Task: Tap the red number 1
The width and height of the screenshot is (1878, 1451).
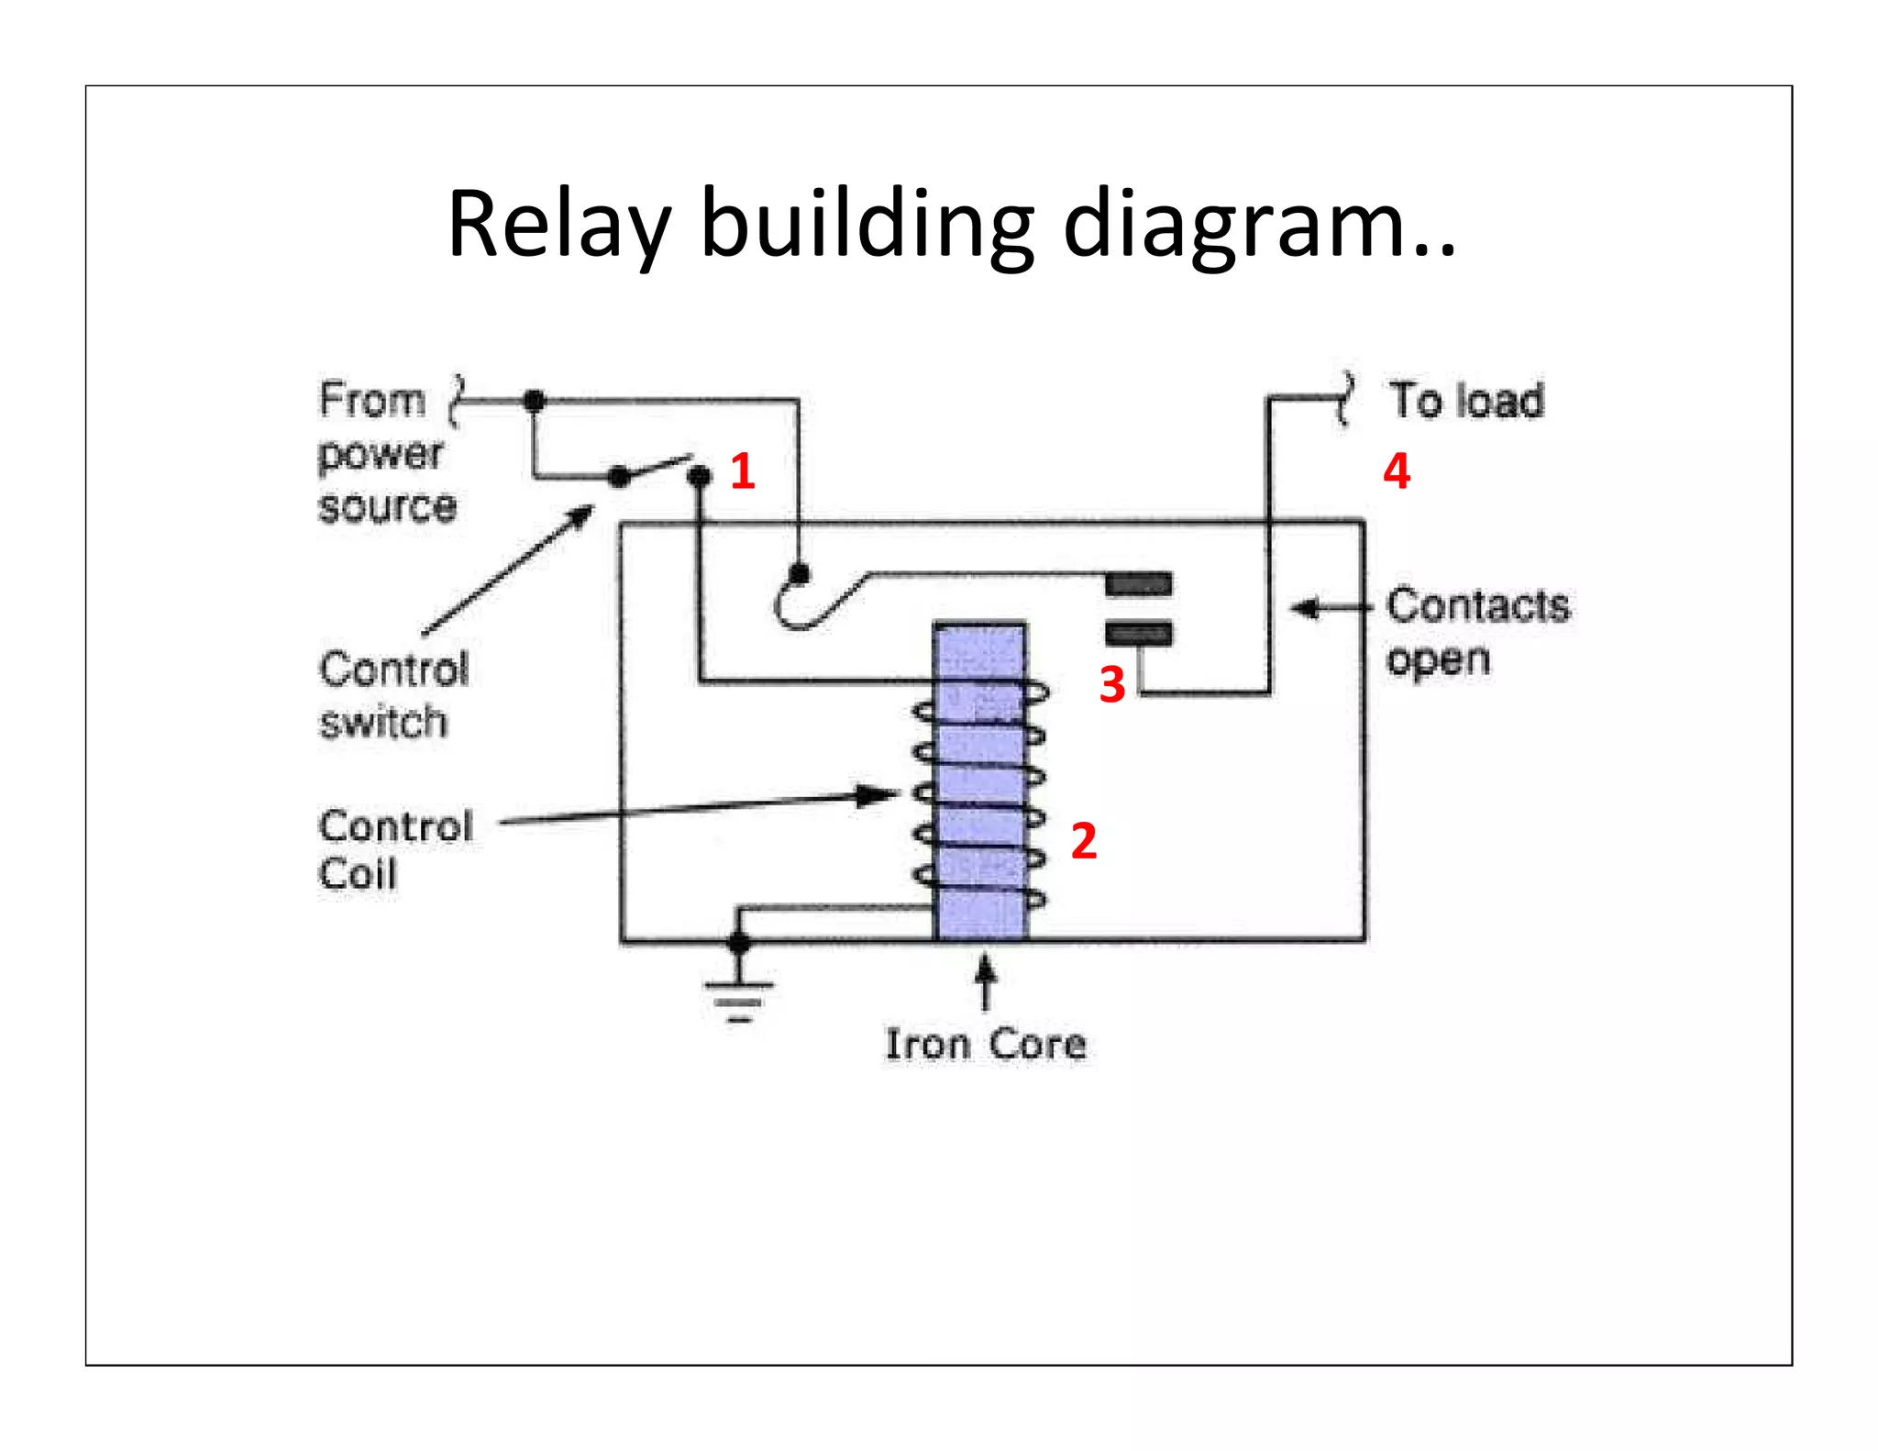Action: pos(743,471)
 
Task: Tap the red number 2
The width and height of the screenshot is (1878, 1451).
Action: pos(1083,841)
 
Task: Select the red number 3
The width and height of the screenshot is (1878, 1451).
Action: pos(1111,684)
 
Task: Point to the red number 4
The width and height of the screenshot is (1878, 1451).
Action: pos(1396,471)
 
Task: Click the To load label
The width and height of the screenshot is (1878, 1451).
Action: pos(1465,401)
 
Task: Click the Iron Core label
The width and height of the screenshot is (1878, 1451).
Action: pos(986,1044)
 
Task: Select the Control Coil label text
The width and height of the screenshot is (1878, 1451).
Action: pos(394,849)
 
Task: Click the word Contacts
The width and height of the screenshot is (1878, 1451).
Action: pos(1477,605)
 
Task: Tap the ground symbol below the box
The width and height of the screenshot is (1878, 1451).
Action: pos(739,1000)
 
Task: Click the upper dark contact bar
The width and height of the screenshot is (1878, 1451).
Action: pos(1138,584)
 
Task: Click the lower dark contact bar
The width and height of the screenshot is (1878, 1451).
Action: pos(1138,633)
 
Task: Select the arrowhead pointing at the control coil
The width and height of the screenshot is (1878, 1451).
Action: pos(876,794)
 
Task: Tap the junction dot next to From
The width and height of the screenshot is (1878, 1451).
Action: pos(535,401)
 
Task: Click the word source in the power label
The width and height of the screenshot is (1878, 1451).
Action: pos(387,507)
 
